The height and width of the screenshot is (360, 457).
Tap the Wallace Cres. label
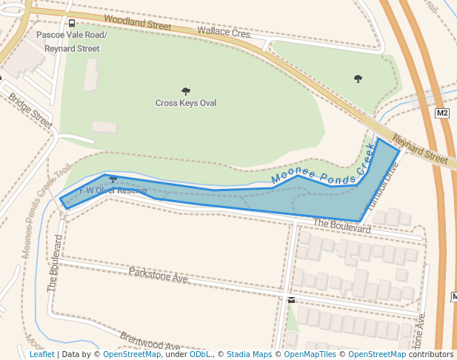(x=224, y=33)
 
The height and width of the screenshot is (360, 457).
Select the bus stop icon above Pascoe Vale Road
(x=71, y=24)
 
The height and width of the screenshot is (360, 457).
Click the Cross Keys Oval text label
(x=186, y=103)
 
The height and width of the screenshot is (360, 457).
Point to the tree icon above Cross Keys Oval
(x=186, y=91)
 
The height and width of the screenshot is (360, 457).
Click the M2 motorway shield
(x=442, y=113)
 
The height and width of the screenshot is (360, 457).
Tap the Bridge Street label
(x=30, y=111)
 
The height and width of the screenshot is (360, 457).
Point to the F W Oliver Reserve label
(x=113, y=190)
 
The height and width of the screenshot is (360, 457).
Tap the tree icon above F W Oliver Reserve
(x=113, y=179)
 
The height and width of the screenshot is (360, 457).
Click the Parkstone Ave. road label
(x=159, y=276)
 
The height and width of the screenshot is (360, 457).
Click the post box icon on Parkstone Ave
(x=291, y=300)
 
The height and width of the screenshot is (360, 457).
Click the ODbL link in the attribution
(x=200, y=355)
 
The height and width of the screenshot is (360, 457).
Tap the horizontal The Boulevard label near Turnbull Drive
(x=341, y=226)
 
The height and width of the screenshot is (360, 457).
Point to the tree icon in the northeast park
(x=358, y=79)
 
